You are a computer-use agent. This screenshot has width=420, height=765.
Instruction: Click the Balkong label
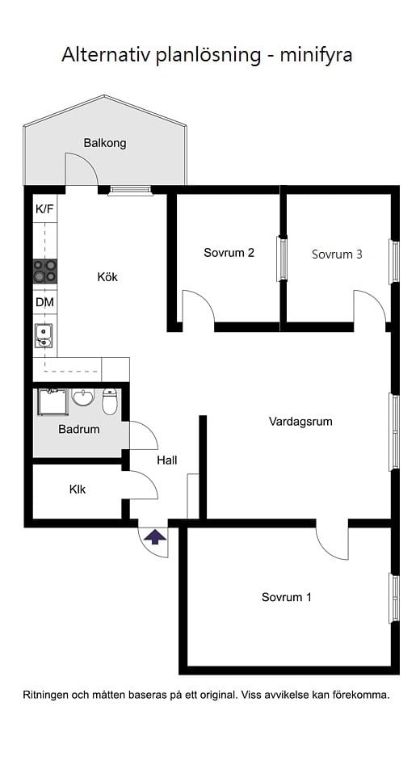tap(105, 144)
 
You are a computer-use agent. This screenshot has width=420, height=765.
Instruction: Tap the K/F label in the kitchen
tap(44, 209)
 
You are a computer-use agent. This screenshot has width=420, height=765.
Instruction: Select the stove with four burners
tap(45, 271)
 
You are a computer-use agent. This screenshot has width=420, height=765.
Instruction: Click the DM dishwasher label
tap(44, 302)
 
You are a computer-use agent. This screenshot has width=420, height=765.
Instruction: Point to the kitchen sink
tap(44, 334)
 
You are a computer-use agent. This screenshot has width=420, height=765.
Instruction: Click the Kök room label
tap(107, 277)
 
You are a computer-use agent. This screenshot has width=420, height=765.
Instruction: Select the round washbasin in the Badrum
tap(83, 397)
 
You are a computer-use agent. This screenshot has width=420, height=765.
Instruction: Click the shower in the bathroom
tap(52, 401)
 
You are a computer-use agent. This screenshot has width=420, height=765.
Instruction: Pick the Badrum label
tap(79, 429)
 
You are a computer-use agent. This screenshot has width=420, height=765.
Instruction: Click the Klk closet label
tap(78, 490)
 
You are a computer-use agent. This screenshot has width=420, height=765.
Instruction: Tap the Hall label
tap(167, 460)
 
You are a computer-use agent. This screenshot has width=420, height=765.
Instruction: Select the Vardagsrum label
tap(300, 422)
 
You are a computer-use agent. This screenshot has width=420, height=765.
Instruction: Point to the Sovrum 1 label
tap(287, 598)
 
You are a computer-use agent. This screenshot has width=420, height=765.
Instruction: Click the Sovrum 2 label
tap(229, 253)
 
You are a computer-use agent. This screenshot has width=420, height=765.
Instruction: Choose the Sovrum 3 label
tap(337, 254)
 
